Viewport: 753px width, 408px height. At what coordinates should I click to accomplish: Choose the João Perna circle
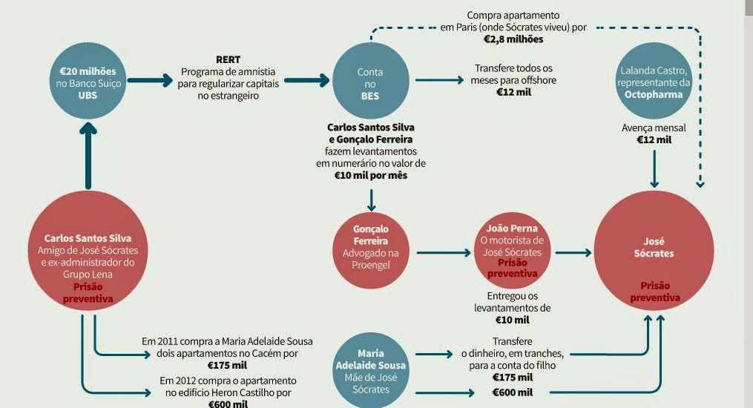pos(512,251)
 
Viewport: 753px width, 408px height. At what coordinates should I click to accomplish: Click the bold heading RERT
pos(228,59)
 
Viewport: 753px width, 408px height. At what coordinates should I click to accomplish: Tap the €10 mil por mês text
pos(370,176)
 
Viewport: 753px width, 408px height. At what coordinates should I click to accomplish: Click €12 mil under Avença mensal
pos(654,139)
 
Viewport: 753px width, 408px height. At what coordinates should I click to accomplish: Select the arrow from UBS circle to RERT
pos(149,79)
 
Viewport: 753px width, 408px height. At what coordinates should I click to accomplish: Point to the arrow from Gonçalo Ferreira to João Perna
pos(442,253)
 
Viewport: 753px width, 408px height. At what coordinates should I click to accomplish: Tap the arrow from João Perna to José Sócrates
pos(572,253)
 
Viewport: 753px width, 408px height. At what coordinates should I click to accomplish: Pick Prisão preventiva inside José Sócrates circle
pos(654,292)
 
